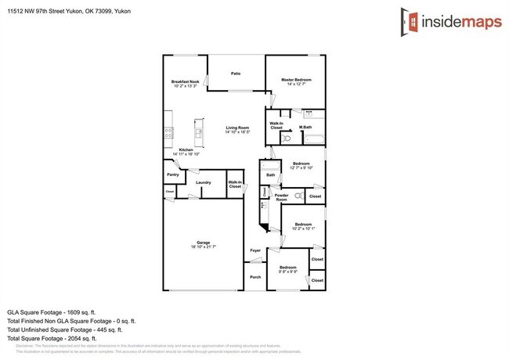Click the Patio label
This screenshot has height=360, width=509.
235,74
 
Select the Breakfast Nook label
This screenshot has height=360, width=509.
186,81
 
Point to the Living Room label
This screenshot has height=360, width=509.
237,128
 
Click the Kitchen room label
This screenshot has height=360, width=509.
186,149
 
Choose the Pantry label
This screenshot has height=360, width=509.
173,175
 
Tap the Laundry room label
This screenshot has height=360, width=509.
204,182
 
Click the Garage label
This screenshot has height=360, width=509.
203,243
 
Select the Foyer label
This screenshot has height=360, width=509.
254,250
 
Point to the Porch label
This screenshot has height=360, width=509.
254,277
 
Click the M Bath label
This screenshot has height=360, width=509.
305,128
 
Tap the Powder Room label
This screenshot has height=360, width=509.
281,197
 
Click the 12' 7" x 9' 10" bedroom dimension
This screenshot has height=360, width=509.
301,167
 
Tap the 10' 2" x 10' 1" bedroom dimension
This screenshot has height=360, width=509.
303,229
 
